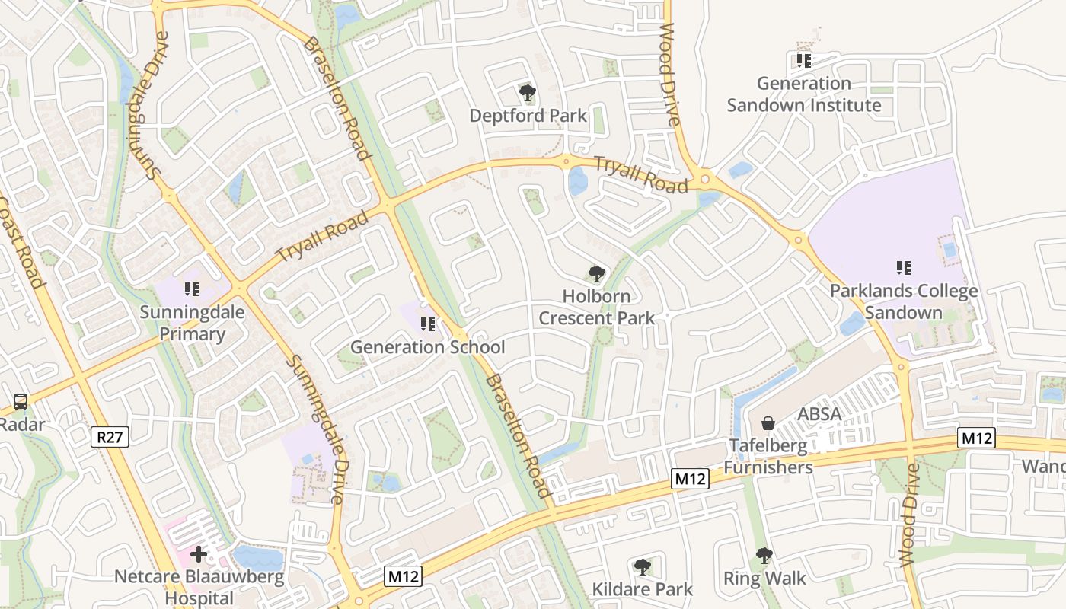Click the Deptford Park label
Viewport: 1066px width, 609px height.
[x=528, y=116]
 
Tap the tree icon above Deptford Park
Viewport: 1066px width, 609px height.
[x=527, y=94]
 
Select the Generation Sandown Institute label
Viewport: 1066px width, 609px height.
[x=804, y=94]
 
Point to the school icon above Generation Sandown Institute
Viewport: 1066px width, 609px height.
[x=803, y=60]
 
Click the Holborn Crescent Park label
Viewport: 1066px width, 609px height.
[x=596, y=307]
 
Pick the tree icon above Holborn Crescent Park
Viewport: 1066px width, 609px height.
[x=596, y=274]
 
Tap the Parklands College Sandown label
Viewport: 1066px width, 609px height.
[x=904, y=301]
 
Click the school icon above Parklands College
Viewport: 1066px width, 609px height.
[x=904, y=267]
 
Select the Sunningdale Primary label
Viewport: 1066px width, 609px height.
[x=182, y=323]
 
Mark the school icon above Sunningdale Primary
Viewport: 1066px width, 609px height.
[x=191, y=289]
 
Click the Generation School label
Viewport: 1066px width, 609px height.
[x=427, y=347]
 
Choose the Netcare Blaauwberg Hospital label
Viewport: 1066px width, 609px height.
[x=199, y=587]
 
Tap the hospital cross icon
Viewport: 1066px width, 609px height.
[x=199, y=554]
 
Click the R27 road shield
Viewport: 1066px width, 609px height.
[x=110, y=437]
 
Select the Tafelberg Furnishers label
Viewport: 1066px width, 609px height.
[x=768, y=456]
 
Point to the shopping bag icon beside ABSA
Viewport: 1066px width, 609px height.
[x=768, y=422]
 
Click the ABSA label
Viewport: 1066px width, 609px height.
[x=819, y=414]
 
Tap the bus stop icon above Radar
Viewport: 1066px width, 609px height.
[x=21, y=401]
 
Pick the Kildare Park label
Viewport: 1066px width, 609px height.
[x=643, y=589]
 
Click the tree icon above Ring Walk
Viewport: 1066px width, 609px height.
[x=764, y=556]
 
